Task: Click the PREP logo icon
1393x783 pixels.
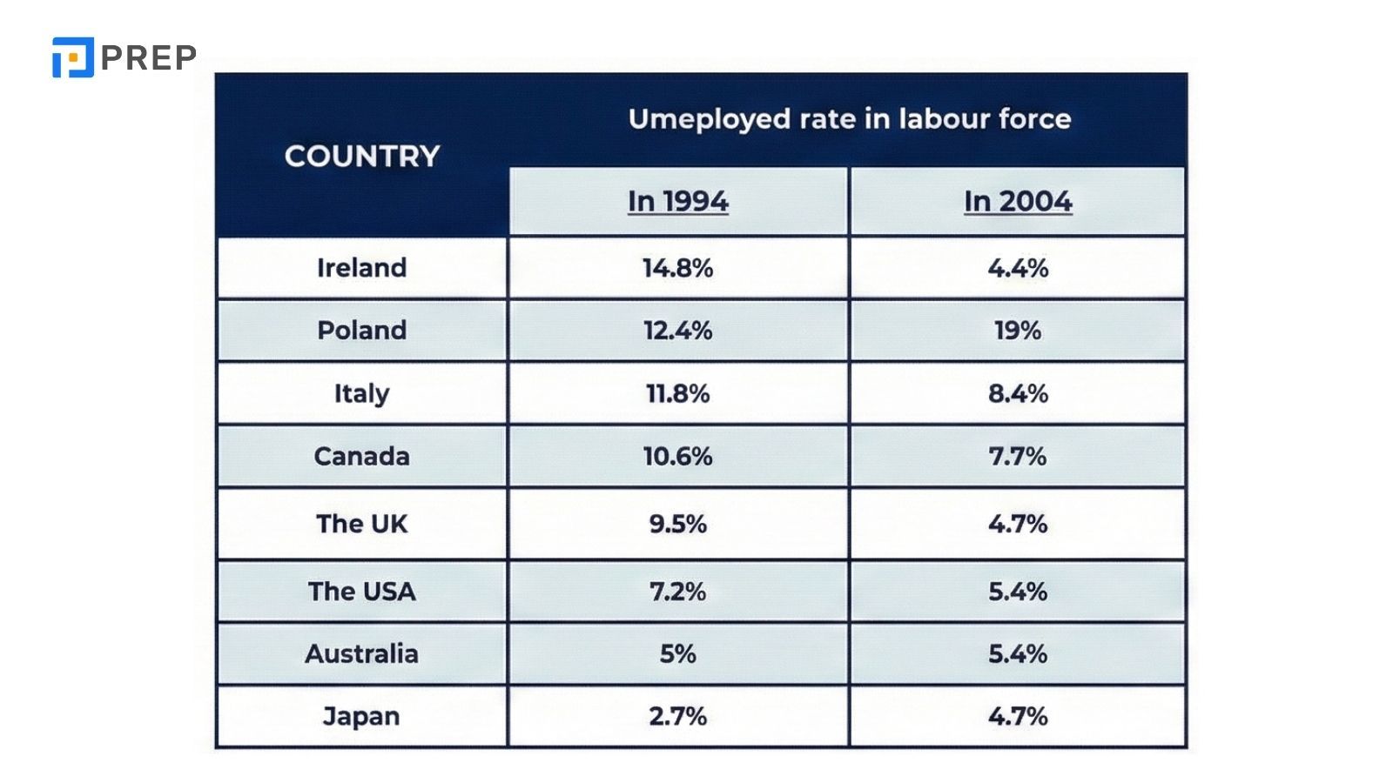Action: pyautogui.click(x=72, y=57)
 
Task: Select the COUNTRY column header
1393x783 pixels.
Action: pyautogui.click(x=362, y=157)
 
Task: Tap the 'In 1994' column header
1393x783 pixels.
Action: pyautogui.click(x=677, y=201)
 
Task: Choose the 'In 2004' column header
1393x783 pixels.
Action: pyautogui.click(x=1018, y=201)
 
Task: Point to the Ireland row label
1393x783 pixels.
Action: pyautogui.click(x=361, y=267)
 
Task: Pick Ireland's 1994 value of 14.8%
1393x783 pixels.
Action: pyautogui.click(x=677, y=267)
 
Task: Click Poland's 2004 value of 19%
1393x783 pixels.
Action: pyautogui.click(x=1018, y=331)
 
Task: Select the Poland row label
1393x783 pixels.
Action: pyautogui.click(x=361, y=331)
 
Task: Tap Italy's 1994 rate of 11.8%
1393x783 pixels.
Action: pyautogui.click(x=677, y=393)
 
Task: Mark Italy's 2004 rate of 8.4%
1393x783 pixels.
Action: pyautogui.click(x=1018, y=393)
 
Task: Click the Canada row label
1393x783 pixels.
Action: pyautogui.click(x=361, y=456)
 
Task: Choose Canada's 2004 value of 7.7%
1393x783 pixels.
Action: pyautogui.click(x=1018, y=456)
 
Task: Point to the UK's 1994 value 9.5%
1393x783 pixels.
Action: pyautogui.click(x=677, y=524)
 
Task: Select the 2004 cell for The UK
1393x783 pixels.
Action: pyautogui.click(x=1018, y=524)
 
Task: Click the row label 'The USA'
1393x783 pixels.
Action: pyautogui.click(x=361, y=592)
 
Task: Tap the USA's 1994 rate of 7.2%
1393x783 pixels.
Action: pyautogui.click(x=677, y=592)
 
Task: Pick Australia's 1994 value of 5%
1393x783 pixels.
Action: pyautogui.click(x=677, y=653)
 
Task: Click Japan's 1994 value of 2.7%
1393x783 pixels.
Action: pyautogui.click(x=677, y=716)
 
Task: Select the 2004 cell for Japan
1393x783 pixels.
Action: pyautogui.click(x=1018, y=716)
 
